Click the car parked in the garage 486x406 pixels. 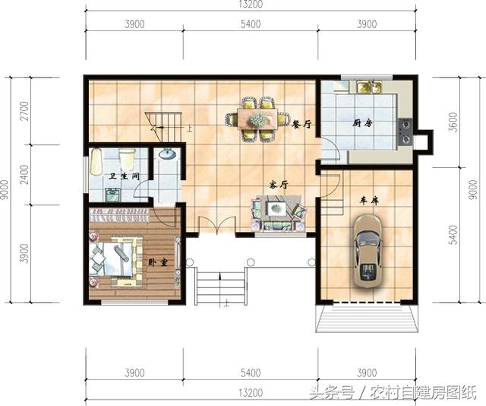click(x=368, y=252)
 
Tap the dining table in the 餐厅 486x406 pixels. click(x=257, y=119)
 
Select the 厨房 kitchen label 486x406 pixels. click(x=361, y=123)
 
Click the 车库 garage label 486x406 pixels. click(x=369, y=201)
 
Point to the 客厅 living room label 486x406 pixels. click(x=279, y=185)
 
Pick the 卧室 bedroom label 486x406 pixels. click(x=158, y=262)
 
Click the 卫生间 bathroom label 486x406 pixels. click(x=124, y=176)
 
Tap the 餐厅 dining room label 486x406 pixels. click(x=301, y=125)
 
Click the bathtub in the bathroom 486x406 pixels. click(x=96, y=162)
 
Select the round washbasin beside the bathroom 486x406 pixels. click(x=167, y=154)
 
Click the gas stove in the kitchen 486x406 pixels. click(x=405, y=132)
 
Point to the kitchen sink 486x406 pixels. click(x=369, y=87)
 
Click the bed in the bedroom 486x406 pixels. click(x=115, y=259)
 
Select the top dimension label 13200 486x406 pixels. click(x=251, y=5)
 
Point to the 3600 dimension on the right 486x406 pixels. click(x=453, y=122)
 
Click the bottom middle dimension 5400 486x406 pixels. click(x=251, y=373)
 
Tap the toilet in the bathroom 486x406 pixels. click(x=127, y=158)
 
